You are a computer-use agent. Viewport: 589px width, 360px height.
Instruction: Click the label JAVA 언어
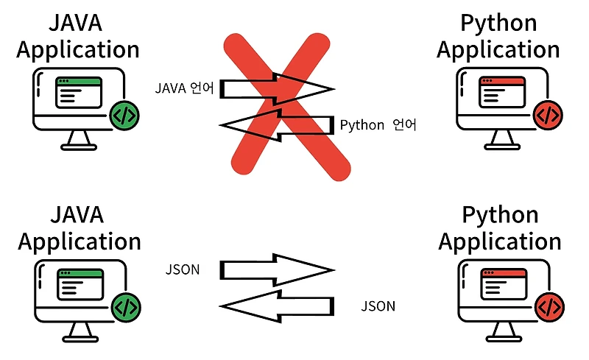coord(184,89)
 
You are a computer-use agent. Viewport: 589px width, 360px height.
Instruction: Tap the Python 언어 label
coord(378,125)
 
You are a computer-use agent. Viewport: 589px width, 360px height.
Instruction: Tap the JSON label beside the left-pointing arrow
coord(378,306)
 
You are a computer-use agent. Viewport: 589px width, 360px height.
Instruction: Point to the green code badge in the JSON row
coord(125,306)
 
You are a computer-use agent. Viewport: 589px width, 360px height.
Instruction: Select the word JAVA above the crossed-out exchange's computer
coord(77,23)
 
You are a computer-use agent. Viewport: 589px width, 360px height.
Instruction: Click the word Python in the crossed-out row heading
coord(498,23)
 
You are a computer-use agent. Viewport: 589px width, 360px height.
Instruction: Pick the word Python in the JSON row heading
coord(500,216)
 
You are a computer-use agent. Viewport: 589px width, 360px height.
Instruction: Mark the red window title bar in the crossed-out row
coord(502,81)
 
